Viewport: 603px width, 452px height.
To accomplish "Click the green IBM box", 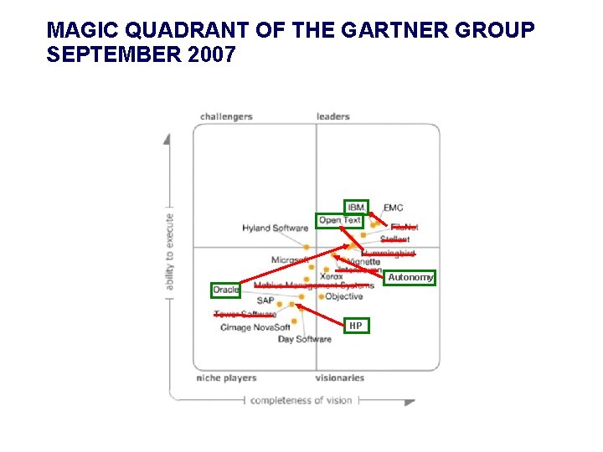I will pyautogui.click(x=356, y=207).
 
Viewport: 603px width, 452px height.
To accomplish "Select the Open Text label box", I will pyautogui.click(x=340, y=221).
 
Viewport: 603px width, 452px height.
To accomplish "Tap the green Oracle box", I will pyautogui.click(x=225, y=290).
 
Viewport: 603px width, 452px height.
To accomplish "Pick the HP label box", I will pyautogui.click(x=356, y=326).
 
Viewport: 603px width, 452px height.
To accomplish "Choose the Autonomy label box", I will pyautogui.click(x=410, y=277).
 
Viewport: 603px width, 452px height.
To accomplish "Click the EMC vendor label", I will pyautogui.click(x=393, y=208).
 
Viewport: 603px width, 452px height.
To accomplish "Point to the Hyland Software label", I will pyautogui.click(x=275, y=228).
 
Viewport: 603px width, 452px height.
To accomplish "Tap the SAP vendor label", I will pyautogui.click(x=265, y=300).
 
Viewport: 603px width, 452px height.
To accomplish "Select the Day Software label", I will pyautogui.click(x=304, y=339).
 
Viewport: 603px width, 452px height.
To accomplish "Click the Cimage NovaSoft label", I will pyautogui.click(x=255, y=327).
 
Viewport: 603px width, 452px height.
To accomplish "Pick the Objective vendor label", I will pyautogui.click(x=344, y=296).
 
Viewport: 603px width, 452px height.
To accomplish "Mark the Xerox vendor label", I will pyautogui.click(x=332, y=276).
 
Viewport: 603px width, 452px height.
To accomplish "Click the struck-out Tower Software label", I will pyautogui.click(x=245, y=315).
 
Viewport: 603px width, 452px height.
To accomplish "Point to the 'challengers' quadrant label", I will pyautogui.click(x=226, y=116).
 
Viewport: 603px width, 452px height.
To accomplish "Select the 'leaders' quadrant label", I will pyautogui.click(x=332, y=116).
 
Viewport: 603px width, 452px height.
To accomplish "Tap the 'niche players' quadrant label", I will pyautogui.click(x=226, y=378).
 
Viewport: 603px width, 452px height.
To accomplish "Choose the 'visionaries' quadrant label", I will pyautogui.click(x=339, y=378).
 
